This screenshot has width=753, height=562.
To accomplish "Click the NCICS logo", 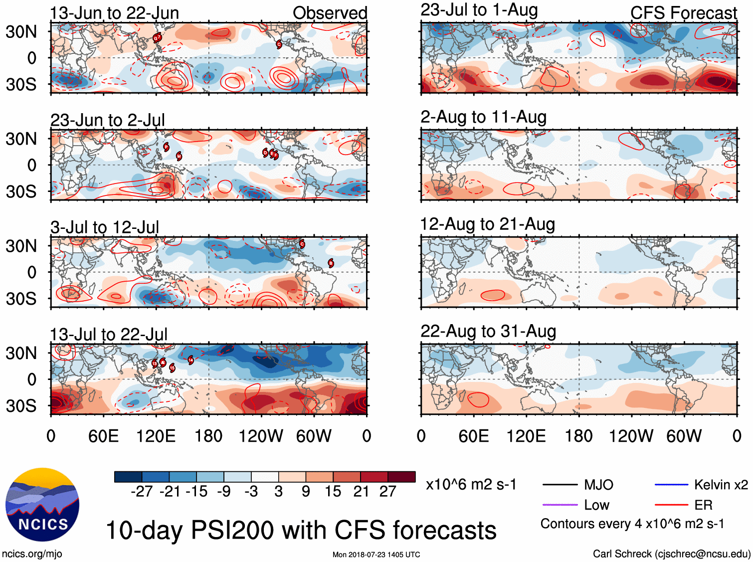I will coord(42,505).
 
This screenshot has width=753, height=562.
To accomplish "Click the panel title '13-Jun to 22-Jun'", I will coord(114,13).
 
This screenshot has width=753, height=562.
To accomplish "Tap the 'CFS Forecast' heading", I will coord(683,13).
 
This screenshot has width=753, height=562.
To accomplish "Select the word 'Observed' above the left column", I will coord(330,13).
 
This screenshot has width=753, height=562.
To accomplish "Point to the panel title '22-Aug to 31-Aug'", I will coord(488,331).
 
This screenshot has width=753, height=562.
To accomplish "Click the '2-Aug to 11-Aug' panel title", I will coord(483,117).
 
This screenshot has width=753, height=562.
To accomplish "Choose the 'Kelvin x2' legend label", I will coord(721,485).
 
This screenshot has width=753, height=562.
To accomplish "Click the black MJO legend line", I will coord(560,485).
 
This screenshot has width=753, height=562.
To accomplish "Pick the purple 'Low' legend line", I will coord(560,505).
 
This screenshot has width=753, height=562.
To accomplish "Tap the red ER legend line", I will coord(671,505).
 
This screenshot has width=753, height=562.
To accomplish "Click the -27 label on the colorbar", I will coord(142,492).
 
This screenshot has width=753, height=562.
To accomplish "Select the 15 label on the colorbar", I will coord(333,492).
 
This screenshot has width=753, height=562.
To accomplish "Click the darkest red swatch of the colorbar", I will coord(401,477).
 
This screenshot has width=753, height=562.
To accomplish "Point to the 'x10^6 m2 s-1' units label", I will coord(471,485).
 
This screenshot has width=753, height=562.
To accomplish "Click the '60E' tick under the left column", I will coord(103,436).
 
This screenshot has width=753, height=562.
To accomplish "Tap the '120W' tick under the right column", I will coord(631,436).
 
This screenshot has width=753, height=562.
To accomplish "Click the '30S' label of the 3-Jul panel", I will coord(21,299).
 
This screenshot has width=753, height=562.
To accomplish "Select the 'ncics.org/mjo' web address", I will coord(32,554).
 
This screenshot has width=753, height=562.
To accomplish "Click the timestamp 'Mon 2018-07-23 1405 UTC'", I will coord(376,555).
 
